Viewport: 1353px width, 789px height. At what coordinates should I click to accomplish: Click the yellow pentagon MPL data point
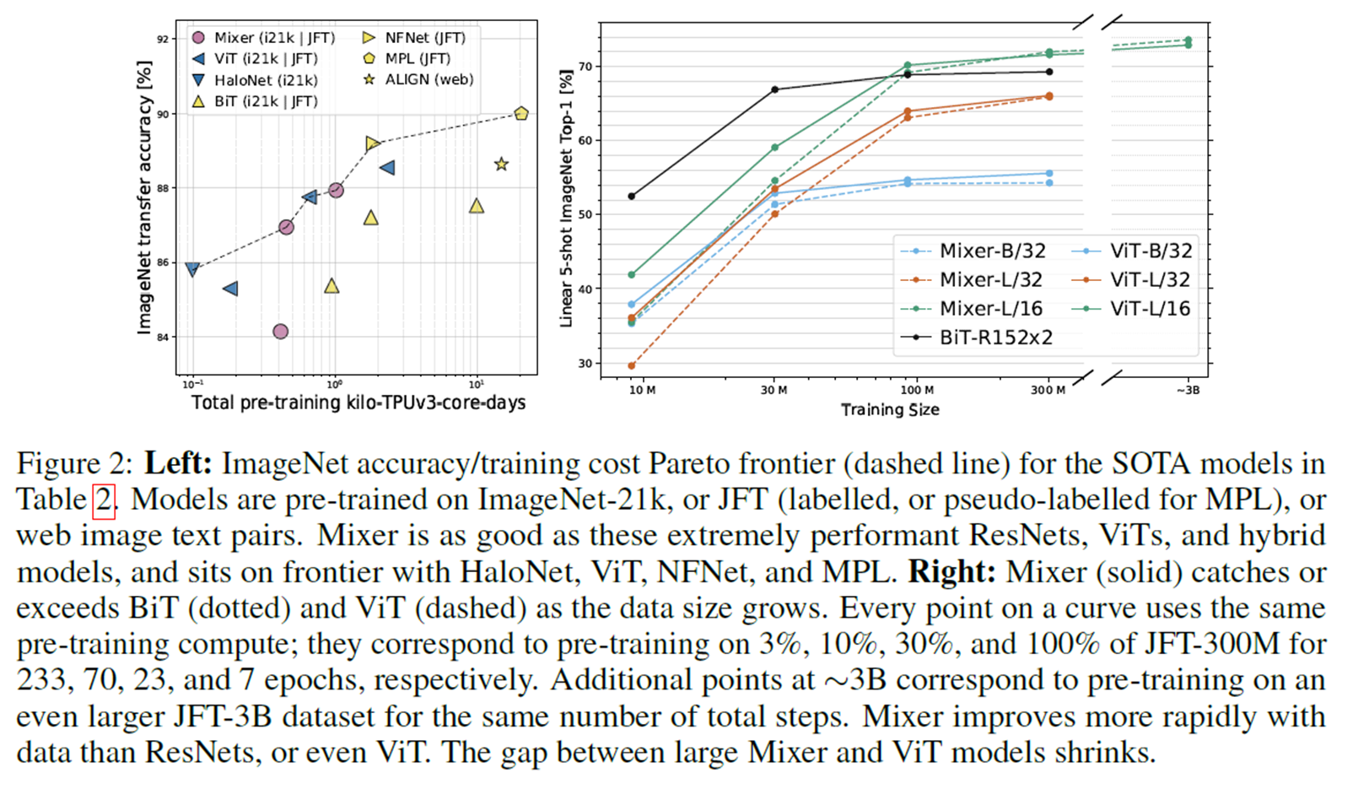tap(521, 113)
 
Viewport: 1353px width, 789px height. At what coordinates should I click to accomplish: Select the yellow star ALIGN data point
tap(501, 164)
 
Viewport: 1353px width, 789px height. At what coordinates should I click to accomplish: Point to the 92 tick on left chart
tap(162, 39)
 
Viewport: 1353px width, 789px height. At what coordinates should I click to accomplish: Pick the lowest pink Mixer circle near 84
tap(281, 332)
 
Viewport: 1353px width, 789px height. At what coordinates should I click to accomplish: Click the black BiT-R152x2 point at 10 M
tap(632, 197)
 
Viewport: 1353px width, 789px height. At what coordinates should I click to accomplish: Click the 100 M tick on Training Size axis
tap(917, 390)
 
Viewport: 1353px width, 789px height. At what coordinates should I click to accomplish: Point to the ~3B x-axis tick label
tap(1188, 390)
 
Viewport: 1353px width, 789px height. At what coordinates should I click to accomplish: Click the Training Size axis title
tap(890, 410)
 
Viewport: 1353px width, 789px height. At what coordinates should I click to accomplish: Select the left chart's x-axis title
tap(358, 403)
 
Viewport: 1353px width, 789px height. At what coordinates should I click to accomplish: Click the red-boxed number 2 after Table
tap(103, 500)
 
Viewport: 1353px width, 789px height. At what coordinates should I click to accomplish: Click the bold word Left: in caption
tap(178, 463)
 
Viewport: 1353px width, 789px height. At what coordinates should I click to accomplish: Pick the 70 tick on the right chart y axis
tap(585, 66)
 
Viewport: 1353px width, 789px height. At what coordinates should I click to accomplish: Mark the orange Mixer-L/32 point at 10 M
tap(632, 366)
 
